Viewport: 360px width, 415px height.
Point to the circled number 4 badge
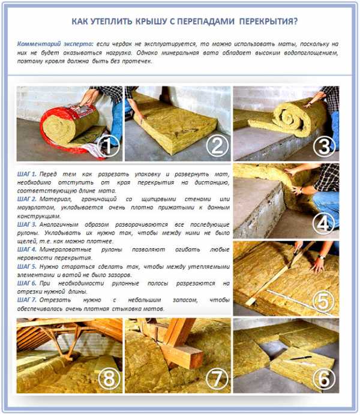click(324, 224)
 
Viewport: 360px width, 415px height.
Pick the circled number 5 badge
click(324, 301)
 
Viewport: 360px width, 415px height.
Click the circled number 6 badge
click(324, 378)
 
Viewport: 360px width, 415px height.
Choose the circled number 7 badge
click(217, 378)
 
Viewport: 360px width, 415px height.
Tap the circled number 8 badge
click(109, 378)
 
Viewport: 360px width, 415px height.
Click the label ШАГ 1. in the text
click(27, 174)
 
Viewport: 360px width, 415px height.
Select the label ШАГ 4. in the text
click(27, 249)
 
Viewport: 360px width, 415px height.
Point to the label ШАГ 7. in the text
click(27, 300)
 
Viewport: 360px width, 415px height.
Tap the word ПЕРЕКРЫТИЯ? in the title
click(268, 21)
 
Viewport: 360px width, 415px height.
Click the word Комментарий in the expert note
click(39, 44)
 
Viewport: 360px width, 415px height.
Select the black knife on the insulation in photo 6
click(301, 358)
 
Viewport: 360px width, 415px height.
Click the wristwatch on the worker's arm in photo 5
click(322, 257)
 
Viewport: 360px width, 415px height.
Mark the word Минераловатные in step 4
click(65, 249)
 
